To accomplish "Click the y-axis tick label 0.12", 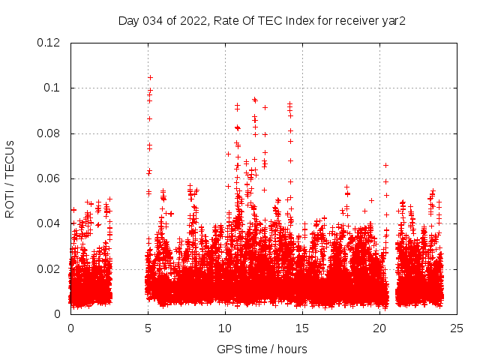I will pos(49,43).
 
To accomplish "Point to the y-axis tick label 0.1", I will pos(52,88).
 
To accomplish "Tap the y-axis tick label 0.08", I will pos(49,133).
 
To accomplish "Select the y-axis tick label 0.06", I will pos(49,178).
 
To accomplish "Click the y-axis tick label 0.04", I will pos(49,223).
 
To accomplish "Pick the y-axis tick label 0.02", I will pos(49,268).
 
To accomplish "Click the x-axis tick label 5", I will pos(148,328).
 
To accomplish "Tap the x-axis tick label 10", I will pos(225,328).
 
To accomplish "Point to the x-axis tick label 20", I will pos(379,328).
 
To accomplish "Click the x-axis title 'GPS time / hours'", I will pos(262,349).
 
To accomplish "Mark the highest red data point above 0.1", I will pos(151,77).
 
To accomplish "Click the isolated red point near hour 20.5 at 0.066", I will pos(386,165).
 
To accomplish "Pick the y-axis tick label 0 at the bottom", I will pos(58,314).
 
